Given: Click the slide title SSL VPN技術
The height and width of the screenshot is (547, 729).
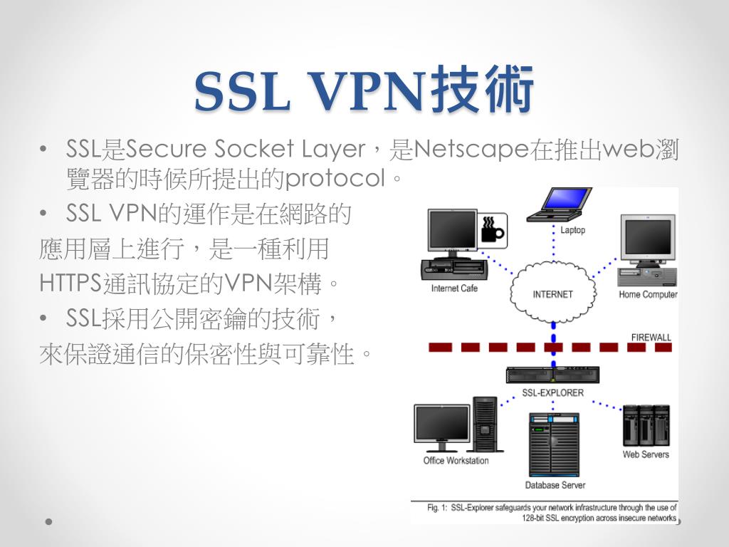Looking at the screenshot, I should [x=364, y=92].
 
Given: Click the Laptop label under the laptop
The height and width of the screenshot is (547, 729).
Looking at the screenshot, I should [x=572, y=231].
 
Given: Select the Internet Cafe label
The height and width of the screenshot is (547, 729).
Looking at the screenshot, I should [x=454, y=288].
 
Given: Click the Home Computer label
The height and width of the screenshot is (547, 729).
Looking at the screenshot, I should [x=648, y=295].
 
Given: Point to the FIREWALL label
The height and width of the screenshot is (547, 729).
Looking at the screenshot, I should [x=651, y=338].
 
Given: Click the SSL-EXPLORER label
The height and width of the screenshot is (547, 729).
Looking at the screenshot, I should [x=552, y=392].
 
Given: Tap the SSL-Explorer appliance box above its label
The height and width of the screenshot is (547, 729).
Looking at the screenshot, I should [x=552, y=375].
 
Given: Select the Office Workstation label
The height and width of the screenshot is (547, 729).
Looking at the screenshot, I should [x=456, y=461].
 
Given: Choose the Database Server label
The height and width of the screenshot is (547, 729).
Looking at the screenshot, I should [x=555, y=486].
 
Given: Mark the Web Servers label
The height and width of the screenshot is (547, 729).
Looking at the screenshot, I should [x=646, y=454].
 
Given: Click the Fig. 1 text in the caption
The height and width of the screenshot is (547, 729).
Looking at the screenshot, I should [x=437, y=508].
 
